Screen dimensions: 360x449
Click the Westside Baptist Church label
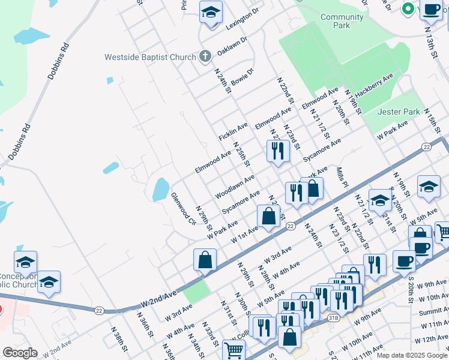[x=150, y=58]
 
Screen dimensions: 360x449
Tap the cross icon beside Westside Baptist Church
[x=205, y=57]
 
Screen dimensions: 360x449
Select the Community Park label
[x=342, y=22]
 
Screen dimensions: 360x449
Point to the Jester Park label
[x=399, y=112]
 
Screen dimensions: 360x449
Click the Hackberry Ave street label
[x=373, y=86]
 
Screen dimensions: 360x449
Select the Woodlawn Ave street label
[x=235, y=186]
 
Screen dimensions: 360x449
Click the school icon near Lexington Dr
[x=211, y=13]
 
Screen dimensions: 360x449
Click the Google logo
[x=20, y=353]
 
